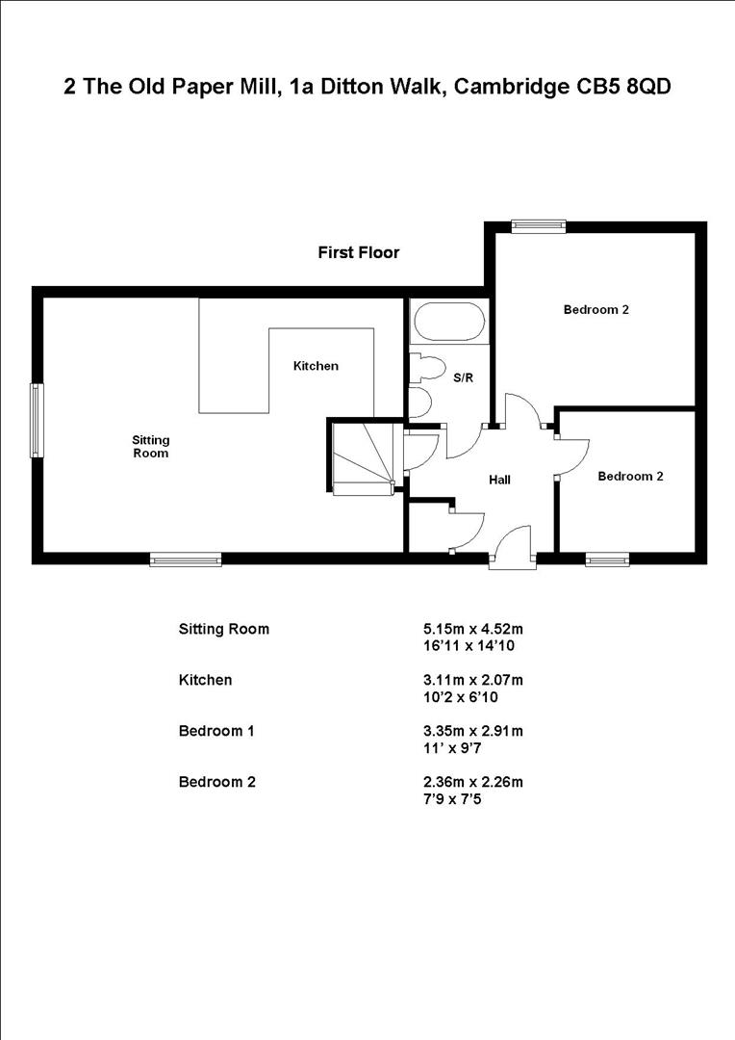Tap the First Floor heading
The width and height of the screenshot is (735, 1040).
(358, 253)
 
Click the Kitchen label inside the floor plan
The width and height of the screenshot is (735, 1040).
(316, 366)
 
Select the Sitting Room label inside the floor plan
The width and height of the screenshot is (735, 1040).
(150, 446)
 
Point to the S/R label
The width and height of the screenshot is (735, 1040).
(463, 378)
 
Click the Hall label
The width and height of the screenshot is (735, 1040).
(499, 480)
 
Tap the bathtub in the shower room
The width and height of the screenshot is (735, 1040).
(448, 323)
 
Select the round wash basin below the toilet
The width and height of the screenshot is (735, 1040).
(419, 401)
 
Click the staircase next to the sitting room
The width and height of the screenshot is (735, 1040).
(362, 457)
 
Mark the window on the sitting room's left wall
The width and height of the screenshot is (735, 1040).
(37, 420)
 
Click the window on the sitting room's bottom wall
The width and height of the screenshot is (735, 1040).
(186, 559)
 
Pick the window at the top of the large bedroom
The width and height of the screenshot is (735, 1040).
(538, 226)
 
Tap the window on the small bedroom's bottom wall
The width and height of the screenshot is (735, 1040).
(607, 559)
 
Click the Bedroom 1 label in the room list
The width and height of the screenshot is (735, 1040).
(216, 731)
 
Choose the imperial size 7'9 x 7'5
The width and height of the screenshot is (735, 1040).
(444, 798)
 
